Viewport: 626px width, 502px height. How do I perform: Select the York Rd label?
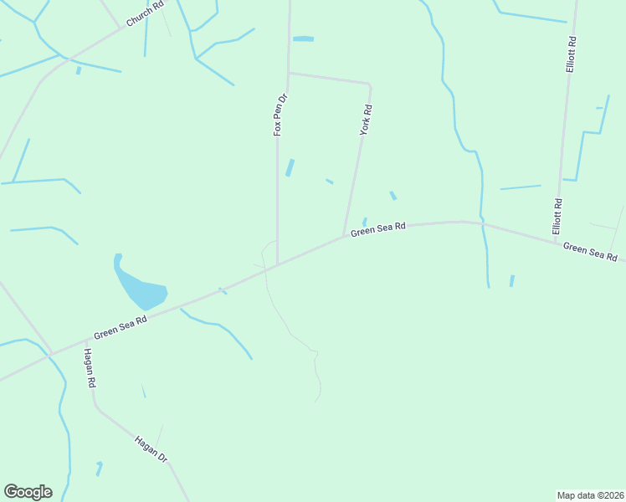[x=366, y=120]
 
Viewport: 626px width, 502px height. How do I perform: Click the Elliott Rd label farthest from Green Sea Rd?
[x=571, y=54]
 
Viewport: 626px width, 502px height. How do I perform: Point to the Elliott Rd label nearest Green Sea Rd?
[x=557, y=215]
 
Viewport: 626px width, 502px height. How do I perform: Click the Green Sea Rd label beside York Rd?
[x=378, y=228]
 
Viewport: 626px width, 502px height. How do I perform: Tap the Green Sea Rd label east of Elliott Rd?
[x=590, y=251]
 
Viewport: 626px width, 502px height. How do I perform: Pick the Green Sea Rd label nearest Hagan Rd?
[x=121, y=325]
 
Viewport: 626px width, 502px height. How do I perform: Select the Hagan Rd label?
[x=90, y=368]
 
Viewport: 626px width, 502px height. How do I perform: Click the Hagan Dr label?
[x=151, y=448]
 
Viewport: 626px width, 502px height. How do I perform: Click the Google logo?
[x=28, y=492]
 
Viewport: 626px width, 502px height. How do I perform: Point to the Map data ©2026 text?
[x=591, y=494]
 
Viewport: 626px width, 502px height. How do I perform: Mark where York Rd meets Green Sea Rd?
[x=343, y=236]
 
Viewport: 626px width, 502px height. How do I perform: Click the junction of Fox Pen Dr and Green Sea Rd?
[x=277, y=264]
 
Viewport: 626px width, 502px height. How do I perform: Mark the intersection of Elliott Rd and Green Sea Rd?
[x=555, y=241]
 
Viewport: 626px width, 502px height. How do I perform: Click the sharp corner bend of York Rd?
[x=369, y=85]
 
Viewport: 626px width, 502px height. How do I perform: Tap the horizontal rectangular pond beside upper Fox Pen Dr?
[x=303, y=38]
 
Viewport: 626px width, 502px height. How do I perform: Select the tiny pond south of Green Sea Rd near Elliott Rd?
[x=511, y=280]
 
